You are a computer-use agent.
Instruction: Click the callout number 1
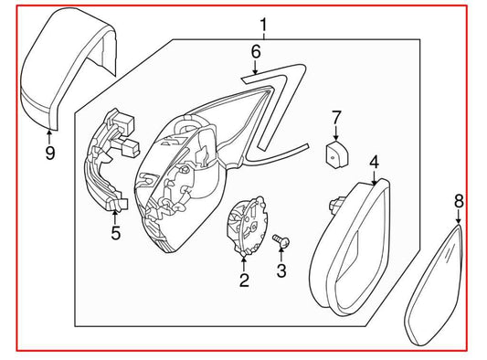(263, 25)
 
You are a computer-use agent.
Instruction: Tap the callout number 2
(244, 281)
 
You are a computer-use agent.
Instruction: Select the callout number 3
(281, 270)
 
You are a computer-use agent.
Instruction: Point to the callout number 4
(374, 163)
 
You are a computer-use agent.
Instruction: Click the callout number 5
(115, 233)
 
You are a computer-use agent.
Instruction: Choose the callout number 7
(335, 117)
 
